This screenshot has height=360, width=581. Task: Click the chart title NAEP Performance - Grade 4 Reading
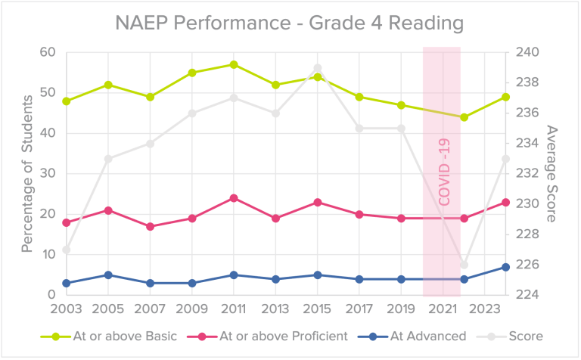(x=290, y=23)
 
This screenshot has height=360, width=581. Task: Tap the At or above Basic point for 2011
(x=234, y=65)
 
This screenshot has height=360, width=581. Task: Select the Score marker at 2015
(x=318, y=68)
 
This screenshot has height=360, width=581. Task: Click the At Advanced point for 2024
(x=506, y=267)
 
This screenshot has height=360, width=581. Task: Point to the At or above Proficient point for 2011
(x=234, y=198)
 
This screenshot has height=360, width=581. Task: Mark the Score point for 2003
(x=67, y=250)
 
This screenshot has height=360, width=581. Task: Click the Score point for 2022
(x=464, y=265)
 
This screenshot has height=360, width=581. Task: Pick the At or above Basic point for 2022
(x=464, y=117)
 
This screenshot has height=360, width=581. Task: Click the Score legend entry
(x=526, y=336)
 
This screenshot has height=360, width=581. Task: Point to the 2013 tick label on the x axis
(x=275, y=309)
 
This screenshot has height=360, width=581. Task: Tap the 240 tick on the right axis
(x=527, y=52)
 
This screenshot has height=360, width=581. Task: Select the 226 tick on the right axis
(x=527, y=265)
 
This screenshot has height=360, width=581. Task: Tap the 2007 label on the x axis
(x=150, y=309)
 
